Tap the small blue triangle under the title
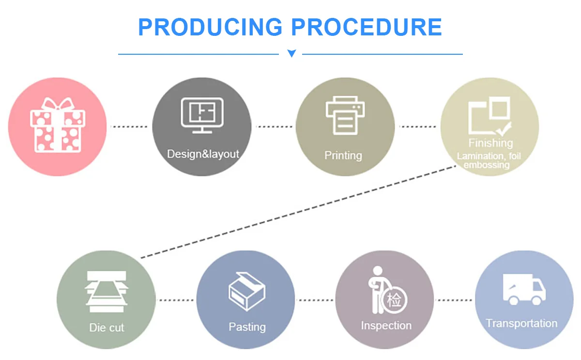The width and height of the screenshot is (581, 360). [x=291, y=53]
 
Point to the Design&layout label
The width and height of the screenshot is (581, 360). [x=203, y=154]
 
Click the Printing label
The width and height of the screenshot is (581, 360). [x=343, y=156]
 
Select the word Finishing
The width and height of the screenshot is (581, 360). [x=490, y=143]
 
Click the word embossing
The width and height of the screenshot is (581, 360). [x=487, y=165]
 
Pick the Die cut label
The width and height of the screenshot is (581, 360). [x=107, y=328]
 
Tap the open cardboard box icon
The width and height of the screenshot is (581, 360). [x=246, y=291]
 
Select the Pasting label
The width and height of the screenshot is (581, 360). [x=247, y=327]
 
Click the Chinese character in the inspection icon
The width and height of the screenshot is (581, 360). [x=394, y=300]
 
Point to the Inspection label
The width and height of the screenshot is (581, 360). [x=386, y=326]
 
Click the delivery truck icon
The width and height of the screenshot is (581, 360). [x=524, y=289]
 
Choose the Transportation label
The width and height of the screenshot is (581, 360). [x=521, y=323]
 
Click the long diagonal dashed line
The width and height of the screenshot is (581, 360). [x=298, y=211]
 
